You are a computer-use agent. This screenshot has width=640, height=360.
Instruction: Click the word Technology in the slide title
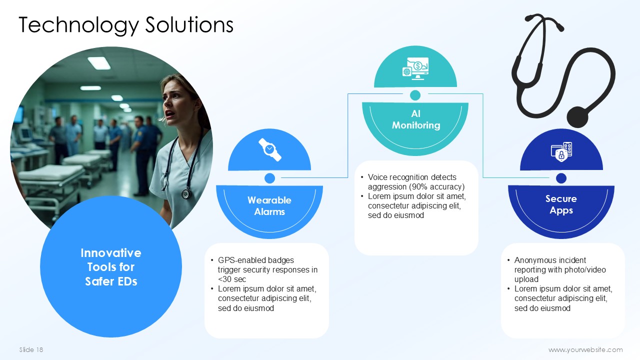click(x=78, y=25)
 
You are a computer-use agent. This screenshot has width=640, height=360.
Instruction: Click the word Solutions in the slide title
click(x=189, y=24)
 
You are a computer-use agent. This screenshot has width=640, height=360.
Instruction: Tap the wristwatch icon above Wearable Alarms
click(x=269, y=149)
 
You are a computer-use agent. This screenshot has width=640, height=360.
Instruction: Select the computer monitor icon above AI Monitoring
click(x=415, y=68)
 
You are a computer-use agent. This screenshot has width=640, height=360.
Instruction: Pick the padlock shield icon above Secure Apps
click(x=561, y=151)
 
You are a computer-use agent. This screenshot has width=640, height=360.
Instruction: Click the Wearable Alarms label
click(x=269, y=205)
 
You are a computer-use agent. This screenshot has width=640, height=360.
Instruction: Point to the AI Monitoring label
click(x=416, y=119)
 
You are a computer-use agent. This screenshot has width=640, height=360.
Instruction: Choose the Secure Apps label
click(x=561, y=204)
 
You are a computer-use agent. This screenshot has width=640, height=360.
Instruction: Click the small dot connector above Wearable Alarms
click(x=269, y=178)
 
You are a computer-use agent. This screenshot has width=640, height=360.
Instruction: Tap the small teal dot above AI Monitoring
click(x=415, y=95)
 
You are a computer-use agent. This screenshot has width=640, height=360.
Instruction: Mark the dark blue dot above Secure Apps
click(x=561, y=178)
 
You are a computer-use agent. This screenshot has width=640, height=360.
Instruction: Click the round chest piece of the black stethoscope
click(x=577, y=117)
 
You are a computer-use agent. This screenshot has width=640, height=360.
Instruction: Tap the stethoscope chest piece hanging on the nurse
click(x=186, y=193)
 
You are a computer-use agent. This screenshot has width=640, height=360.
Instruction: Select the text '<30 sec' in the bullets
click(x=231, y=279)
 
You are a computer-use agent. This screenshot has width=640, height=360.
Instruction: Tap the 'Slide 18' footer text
click(x=31, y=349)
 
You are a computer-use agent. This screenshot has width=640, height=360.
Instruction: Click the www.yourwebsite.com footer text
click(x=585, y=349)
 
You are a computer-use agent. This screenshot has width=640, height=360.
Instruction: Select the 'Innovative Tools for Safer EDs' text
click(x=111, y=267)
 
